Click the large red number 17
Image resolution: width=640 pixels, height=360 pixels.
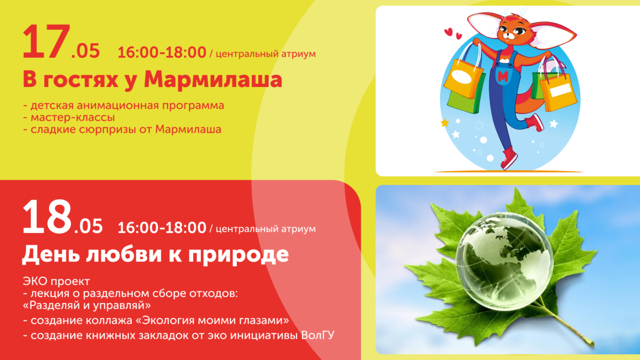click(46, 42)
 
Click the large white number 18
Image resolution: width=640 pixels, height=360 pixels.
click(47, 217)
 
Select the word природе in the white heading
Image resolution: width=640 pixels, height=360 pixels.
click(238, 255)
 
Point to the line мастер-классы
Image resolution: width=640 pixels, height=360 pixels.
click(69, 117)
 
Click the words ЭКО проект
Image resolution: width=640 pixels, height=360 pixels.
click(57, 282)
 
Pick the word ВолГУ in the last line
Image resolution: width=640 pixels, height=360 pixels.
click(318, 335)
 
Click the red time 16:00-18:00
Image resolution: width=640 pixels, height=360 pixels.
click(162, 53)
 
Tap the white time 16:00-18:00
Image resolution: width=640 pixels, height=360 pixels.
click(162, 228)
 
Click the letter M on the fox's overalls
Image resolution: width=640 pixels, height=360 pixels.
click(503, 76)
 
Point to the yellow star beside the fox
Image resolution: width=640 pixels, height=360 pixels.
click(445, 123)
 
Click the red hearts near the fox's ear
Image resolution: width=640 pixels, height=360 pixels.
click(453, 33)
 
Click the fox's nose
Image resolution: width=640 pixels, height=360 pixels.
click(510, 35)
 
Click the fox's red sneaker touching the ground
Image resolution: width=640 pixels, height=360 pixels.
click(509, 158)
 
